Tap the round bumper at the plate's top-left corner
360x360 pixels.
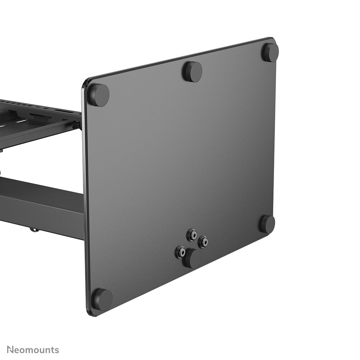(x=99, y=95)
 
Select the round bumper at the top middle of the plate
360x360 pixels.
(x=193, y=71)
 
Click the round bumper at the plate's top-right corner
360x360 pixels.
(x=270, y=52)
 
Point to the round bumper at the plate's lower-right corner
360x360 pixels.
(x=267, y=224)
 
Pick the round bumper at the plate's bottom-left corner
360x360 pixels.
(x=103, y=299)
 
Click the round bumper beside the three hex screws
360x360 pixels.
(x=193, y=258)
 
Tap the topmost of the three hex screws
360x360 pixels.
(x=192, y=235)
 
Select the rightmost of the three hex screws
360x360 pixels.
(x=203, y=242)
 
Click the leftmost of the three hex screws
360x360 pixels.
(x=180, y=252)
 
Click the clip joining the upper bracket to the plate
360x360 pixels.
(x=76, y=125)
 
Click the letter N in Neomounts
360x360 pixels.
(x=10, y=350)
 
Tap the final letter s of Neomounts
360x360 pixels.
(x=56, y=350)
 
